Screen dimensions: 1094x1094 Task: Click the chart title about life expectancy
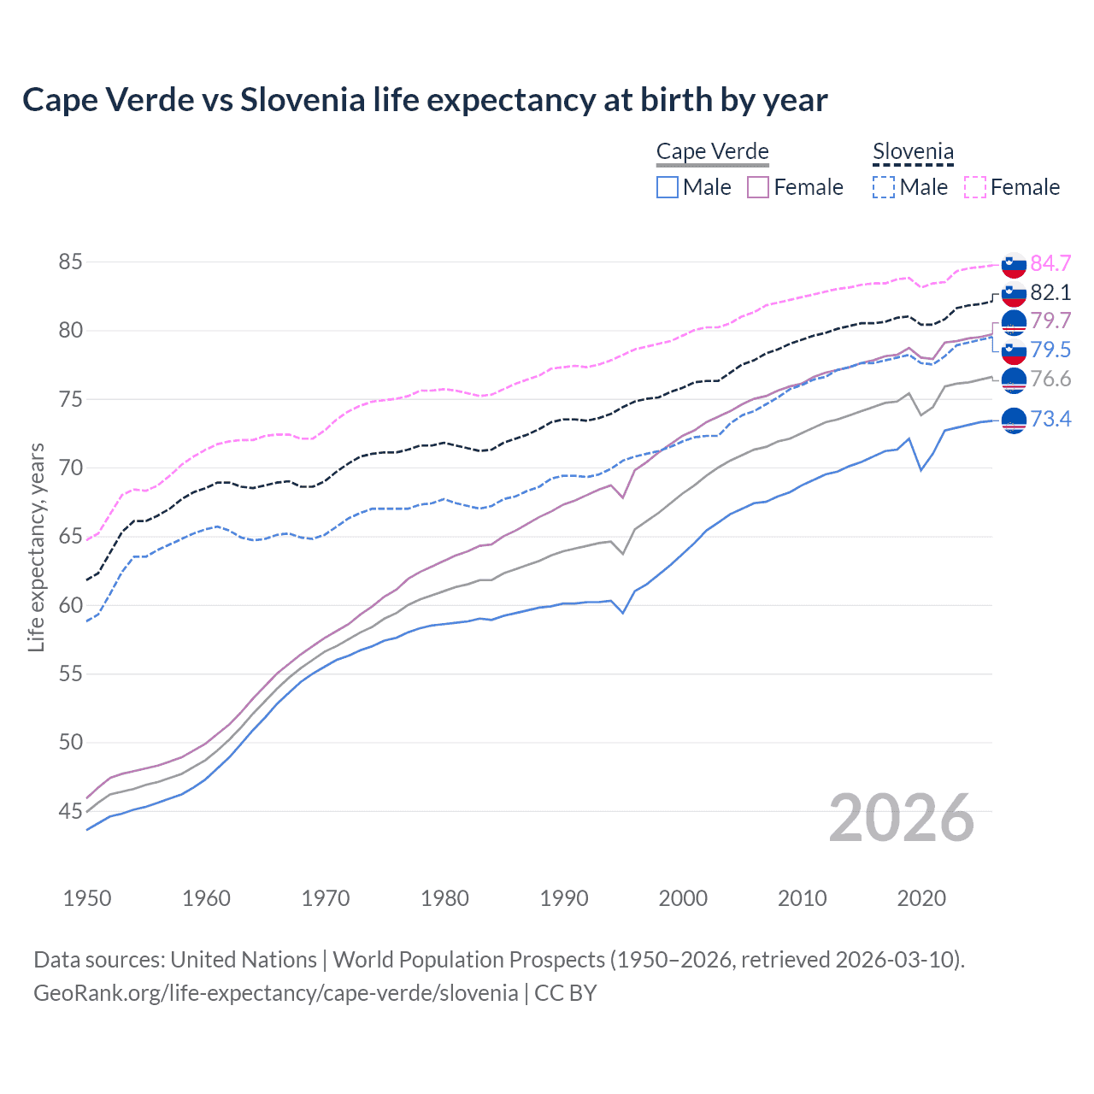[x=425, y=100]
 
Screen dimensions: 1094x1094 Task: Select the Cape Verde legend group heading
[x=712, y=152]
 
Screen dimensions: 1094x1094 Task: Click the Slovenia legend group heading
[x=913, y=152]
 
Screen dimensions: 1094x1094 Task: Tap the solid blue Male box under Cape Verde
[x=668, y=187]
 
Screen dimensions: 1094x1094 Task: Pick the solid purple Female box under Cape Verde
[x=758, y=187]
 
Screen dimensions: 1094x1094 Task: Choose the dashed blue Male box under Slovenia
[x=884, y=187]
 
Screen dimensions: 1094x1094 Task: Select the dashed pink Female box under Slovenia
[x=975, y=187]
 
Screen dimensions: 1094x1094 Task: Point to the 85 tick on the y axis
[x=70, y=262]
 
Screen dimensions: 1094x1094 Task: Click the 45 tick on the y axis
[x=70, y=811]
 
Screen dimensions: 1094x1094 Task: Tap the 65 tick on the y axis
[x=70, y=537]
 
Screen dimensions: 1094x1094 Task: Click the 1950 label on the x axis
[x=87, y=898]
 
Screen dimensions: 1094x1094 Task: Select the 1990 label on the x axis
[x=564, y=898]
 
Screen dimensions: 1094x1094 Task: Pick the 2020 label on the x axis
[x=921, y=898]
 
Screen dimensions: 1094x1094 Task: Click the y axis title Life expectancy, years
[x=36, y=547]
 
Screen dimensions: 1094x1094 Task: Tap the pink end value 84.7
[x=1050, y=263]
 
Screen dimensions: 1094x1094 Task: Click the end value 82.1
[x=1050, y=292]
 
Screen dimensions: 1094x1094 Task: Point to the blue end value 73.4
[x=1050, y=419]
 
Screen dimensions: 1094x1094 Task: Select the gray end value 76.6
[x=1050, y=379]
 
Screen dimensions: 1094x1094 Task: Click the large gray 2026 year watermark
[x=901, y=818]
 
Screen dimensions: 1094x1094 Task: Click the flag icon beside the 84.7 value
[x=1014, y=265]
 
